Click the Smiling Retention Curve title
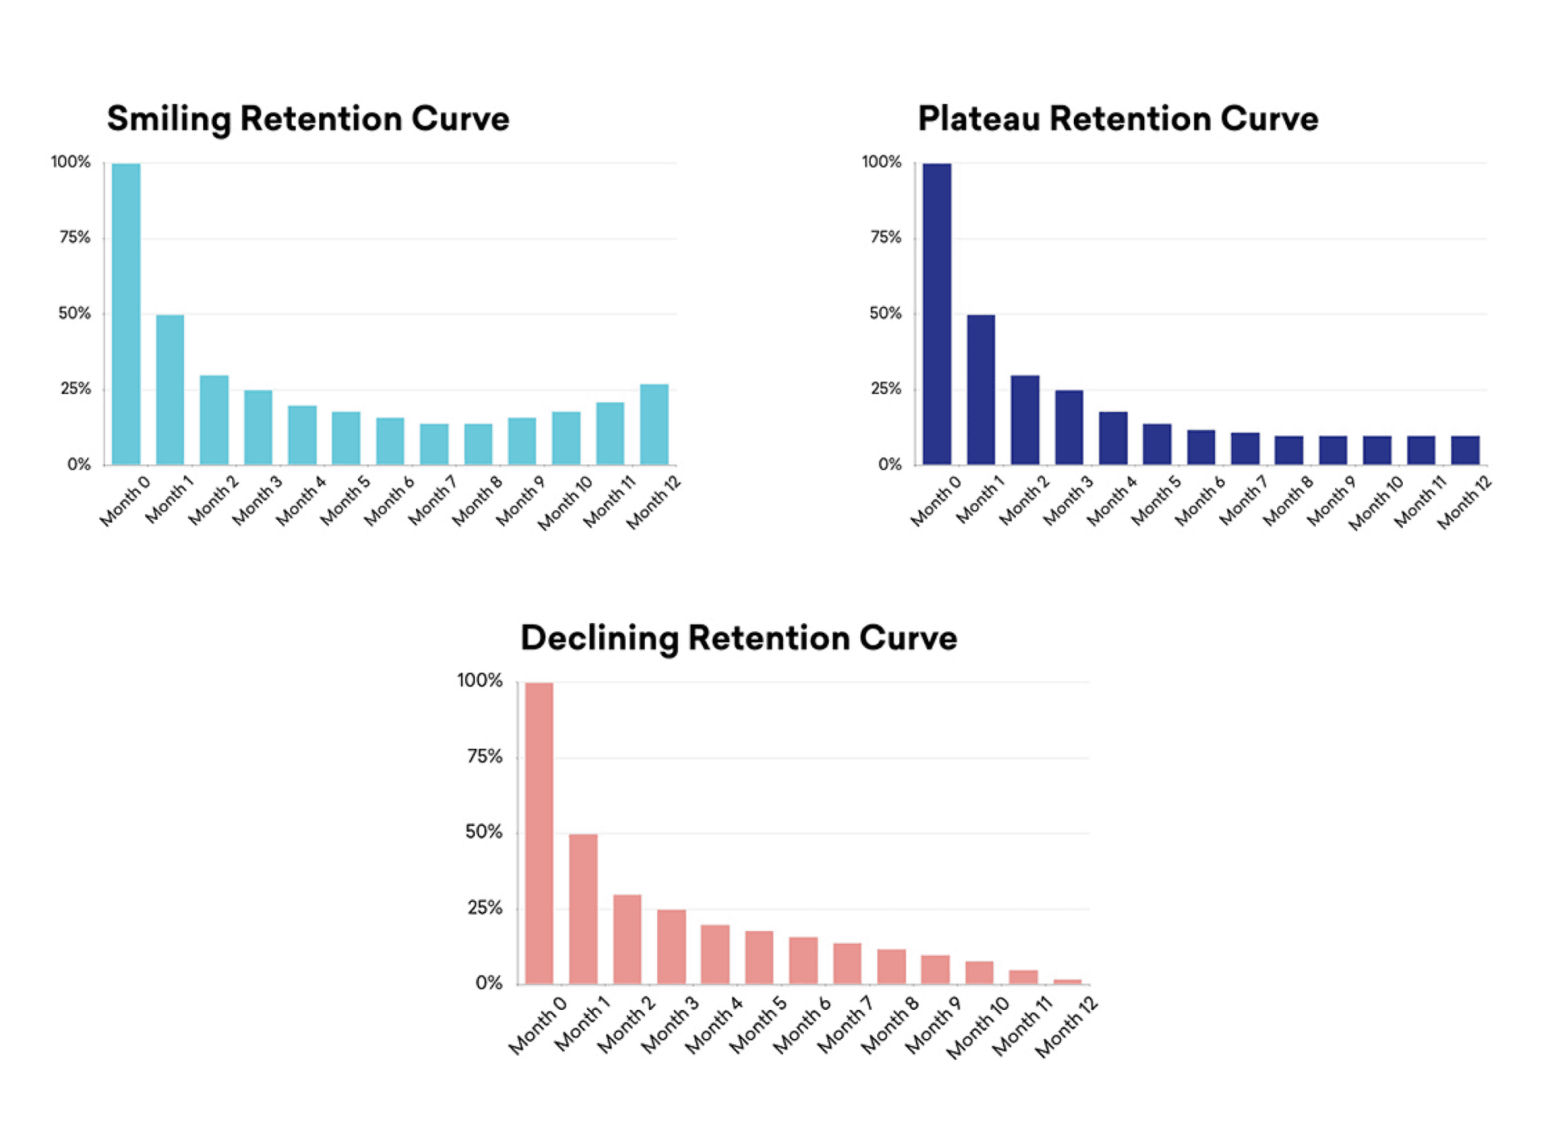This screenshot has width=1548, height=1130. (x=308, y=118)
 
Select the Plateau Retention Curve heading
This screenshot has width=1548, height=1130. (x=1117, y=118)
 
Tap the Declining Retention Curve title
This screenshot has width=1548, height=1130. (x=739, y=638)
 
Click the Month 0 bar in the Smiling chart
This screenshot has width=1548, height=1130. (x=126, y=314)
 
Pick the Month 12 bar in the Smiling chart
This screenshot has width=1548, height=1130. (x=654, y=425)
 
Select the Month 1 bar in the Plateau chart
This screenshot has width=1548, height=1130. (x=980, y=389)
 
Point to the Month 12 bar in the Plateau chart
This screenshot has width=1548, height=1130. (x=1465, y=451)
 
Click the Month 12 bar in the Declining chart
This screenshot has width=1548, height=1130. (x=1067, y=981)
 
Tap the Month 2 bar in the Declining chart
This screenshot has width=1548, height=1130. (x=627, y=939)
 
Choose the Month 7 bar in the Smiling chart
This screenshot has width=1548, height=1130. (x=434, y=444)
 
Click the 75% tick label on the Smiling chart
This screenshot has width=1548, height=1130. (x=74, y=238)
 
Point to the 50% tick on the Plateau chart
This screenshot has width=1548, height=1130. (x=885, y=314)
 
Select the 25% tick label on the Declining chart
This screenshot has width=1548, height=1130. (x=485, y=908)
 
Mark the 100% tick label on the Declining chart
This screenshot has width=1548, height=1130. (x=480, y=681)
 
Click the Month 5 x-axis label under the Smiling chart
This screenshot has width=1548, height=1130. (x=345, y=501)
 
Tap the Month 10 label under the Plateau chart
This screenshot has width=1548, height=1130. (x=1375, y=503)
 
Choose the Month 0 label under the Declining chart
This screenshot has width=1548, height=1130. (x=538, y=1025)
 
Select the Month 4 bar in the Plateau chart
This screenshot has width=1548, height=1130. (x=1113, y=438)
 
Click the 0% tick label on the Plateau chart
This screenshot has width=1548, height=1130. (x=889, y=464)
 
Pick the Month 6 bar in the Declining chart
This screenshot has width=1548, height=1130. (x=803, y=960)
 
